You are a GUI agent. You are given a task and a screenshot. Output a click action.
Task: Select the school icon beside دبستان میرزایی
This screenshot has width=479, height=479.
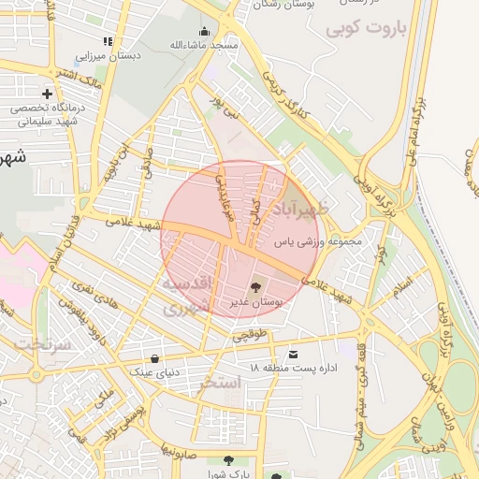108,41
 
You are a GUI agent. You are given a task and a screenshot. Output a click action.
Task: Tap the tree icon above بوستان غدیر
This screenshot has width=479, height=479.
255,287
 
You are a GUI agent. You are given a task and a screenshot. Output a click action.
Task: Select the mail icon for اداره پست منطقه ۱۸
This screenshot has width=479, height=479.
294,355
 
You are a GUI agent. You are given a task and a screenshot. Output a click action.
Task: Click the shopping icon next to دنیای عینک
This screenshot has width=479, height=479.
154,358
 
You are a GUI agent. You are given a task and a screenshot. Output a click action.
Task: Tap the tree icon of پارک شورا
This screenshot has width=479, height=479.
228,459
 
